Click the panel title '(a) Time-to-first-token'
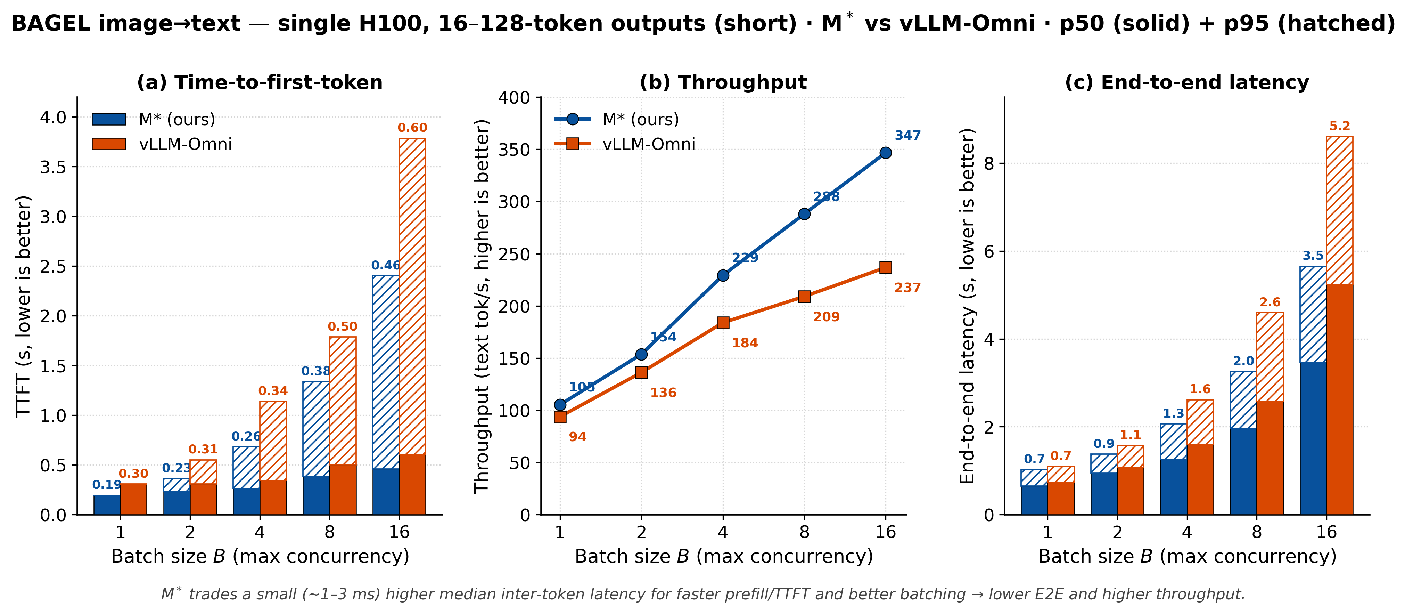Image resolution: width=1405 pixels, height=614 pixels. click(260, 82)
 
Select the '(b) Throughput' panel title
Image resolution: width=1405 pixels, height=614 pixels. click(723, 82)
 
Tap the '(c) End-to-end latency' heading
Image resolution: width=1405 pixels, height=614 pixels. click(1187, 82)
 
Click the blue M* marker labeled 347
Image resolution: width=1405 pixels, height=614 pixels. click(886, 153)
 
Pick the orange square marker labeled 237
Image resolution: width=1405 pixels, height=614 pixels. click(886, 267)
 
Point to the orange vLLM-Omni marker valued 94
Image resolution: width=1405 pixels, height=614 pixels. click(560, 417)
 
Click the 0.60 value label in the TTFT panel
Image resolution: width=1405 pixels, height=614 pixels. click(412, 128)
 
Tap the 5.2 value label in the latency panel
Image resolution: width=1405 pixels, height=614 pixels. click(1340, 126)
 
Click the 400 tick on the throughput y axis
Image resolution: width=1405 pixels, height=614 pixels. click(514, 98)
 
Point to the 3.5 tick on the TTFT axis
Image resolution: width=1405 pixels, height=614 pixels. click(53, 167)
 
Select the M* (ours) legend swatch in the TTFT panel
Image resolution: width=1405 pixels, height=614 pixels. click(109, 120)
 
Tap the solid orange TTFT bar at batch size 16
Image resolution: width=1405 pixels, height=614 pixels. click(412, 484)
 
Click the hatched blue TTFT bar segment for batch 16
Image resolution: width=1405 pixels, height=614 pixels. click(386, 372)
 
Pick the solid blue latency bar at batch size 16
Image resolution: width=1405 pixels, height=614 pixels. click(1313, 438)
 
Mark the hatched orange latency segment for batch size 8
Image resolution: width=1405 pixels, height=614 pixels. click(1270, 357)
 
